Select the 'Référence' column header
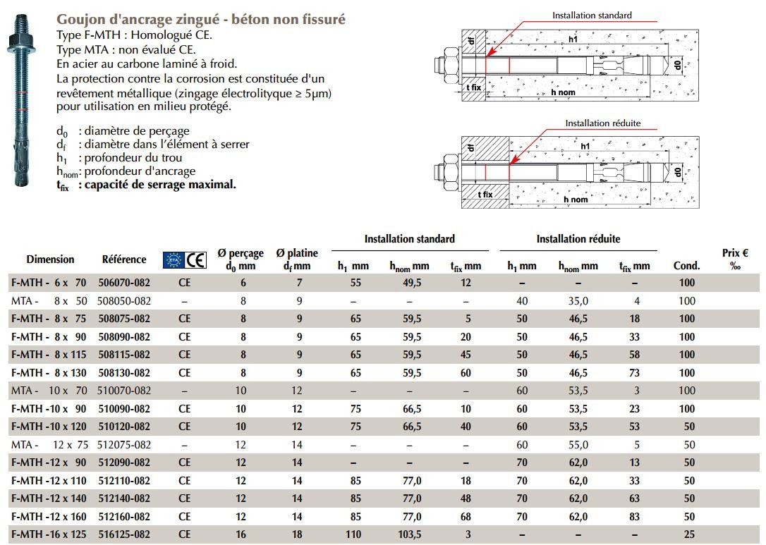[124, 259]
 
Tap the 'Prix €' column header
[736, 258]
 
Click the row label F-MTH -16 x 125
[49, 534]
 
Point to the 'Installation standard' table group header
[409, 239]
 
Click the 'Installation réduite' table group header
[578, 239]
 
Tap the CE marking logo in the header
[195, 260]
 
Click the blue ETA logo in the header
[173, 260]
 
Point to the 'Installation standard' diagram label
[592, 15]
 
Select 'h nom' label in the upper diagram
[563, 92]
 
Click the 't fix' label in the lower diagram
[485, 194]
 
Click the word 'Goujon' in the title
[78, 19]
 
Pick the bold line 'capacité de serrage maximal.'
[160, 185]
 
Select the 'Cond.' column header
[686, 266]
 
